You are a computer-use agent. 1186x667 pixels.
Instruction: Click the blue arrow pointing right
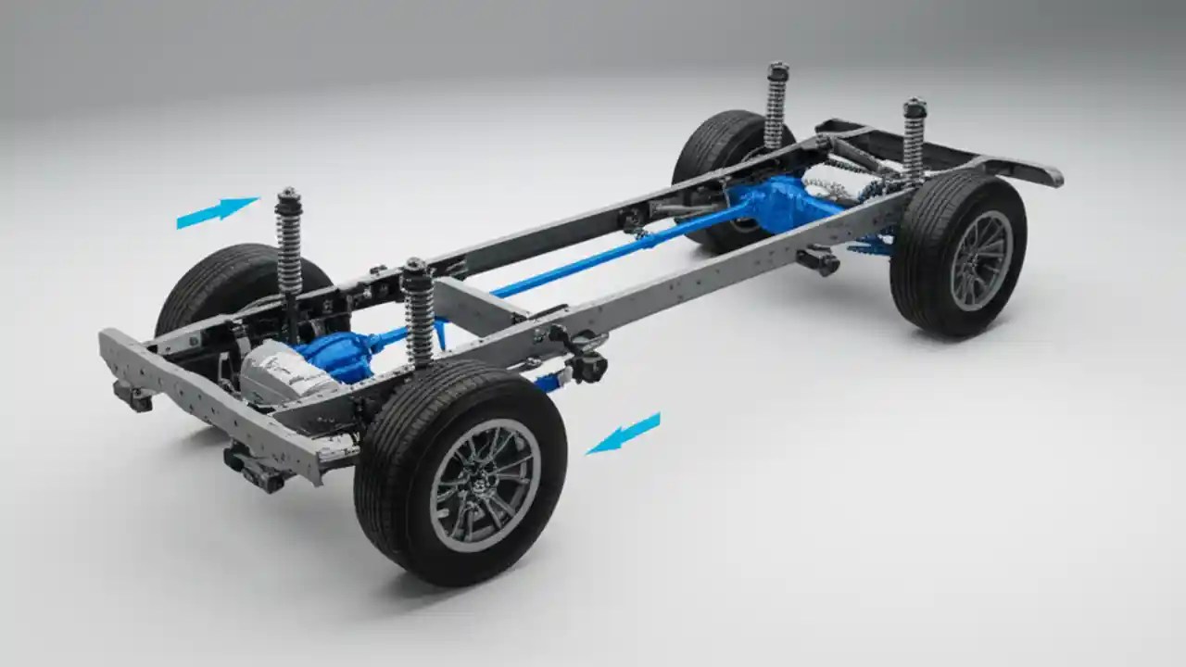[216, 212]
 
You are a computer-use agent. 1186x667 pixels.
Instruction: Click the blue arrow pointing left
[625, 434]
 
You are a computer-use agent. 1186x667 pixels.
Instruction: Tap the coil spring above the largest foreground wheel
[418, 315]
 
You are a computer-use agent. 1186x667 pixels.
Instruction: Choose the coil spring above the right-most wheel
[915, 144]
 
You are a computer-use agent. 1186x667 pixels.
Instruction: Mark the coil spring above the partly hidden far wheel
[776, 107]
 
